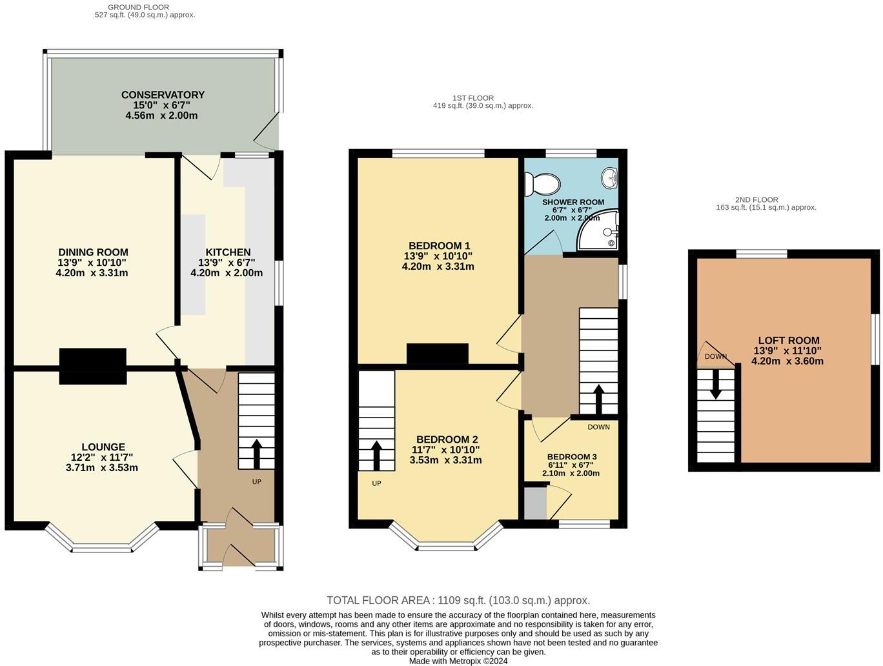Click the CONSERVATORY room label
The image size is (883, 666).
pos(163,95)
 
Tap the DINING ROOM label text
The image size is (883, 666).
pos(93,252)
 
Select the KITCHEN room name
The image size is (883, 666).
pos(228,252)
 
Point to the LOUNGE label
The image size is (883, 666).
pos(103,447)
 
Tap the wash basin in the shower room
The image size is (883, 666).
pos(609,176)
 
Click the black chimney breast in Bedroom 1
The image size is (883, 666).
pos(437,354)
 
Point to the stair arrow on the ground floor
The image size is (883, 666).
pos(256,454)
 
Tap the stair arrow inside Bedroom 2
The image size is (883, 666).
pos(376,456)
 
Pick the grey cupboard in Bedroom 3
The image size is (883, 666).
pos(535,503)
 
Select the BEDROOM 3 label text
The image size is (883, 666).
pos(572,456)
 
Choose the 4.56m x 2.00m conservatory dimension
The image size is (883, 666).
pos(161,116)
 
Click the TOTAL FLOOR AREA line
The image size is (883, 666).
pos(458,600)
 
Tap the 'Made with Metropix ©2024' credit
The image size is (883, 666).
pos(458,661)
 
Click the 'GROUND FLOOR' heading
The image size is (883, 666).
pos(139,7)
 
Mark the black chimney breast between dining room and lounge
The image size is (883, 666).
pos(92,366)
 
